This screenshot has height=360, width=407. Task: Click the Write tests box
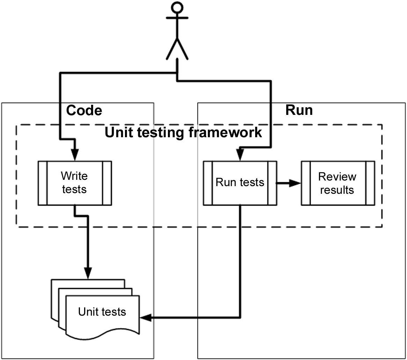[x=75, y=183]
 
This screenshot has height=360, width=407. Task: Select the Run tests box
[x=240, y=183]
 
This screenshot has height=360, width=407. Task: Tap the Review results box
[x=338, y=183]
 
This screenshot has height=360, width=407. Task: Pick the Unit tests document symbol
[x=96, y=309]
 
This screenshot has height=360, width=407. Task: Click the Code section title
[x=84, y=110]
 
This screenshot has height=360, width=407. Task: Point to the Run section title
[x=299, y=110]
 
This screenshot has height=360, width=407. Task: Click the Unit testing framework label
[x=183, y=132]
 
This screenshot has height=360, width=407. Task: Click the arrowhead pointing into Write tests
[x=75, y=155]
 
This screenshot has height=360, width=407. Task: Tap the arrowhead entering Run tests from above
[x=240, y=155]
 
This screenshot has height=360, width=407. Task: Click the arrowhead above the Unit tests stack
[x=88, y=273]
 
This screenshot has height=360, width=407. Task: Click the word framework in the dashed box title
[x=225, y=132]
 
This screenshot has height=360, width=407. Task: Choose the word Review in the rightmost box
[x=337, y=177]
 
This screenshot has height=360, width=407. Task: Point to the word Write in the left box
[x=74, y=176]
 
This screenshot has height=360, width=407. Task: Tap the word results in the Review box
[x=337, y=190]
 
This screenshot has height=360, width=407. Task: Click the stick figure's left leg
[x=172, y=49]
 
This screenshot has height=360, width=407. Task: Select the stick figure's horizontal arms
[x=177, y=18]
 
